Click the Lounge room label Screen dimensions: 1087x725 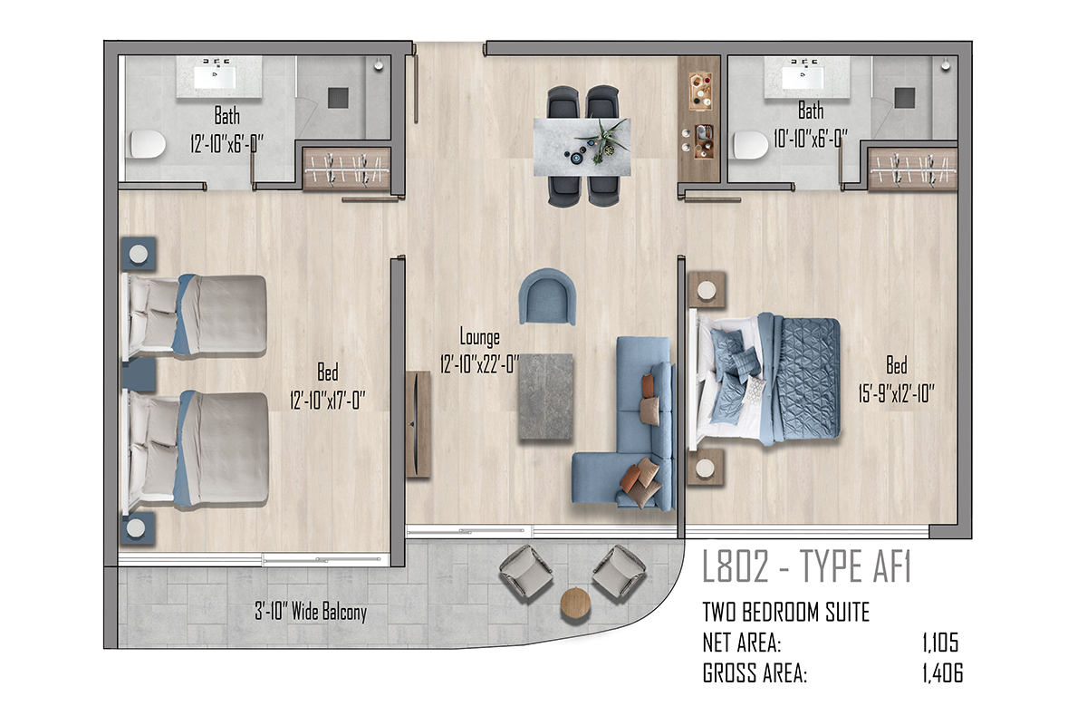tap(479, 337)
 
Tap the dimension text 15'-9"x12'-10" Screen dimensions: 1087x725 tap(896, 393)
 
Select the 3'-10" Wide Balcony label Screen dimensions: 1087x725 tap(311, 612)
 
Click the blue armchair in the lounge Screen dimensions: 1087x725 tap(547, 296)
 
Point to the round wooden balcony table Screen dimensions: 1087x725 tap(575, 603)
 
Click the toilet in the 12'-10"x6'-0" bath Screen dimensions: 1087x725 tap(148, 144)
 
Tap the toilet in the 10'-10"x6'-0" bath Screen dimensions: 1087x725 tap(750, 145)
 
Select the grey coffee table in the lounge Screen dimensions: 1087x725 tap(545, 397)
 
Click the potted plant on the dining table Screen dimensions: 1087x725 tap(601, 139)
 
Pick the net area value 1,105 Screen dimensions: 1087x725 tap(940, 643)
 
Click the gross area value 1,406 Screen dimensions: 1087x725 tap(942, 673)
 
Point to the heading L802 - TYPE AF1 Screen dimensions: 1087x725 tap(806, 565)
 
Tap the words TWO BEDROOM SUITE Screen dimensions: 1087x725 tap(785, 612)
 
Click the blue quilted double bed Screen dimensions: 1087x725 tap(765, 379)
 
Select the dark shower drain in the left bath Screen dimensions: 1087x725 tap(338, 98)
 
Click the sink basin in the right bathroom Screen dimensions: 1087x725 tap(803, 77)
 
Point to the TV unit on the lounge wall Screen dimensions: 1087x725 tap(418, 424)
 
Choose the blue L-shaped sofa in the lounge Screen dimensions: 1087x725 tap(623, 423)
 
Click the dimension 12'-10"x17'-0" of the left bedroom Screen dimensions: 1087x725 tap(328, 401)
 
